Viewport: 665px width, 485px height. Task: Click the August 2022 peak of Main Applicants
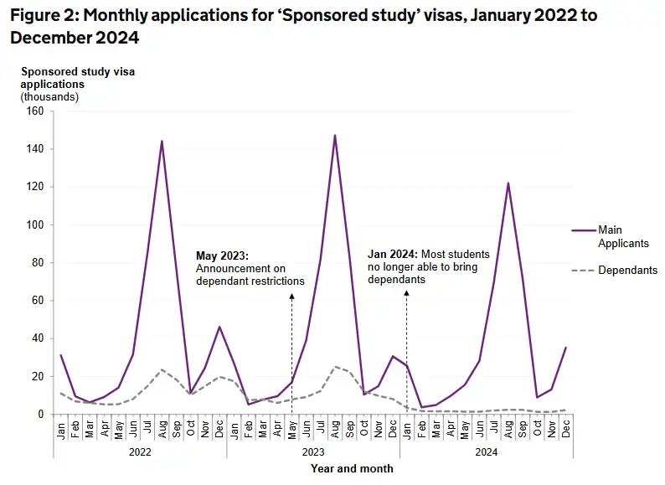162,141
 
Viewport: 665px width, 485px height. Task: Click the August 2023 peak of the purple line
335,135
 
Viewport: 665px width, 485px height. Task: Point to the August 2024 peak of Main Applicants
508,183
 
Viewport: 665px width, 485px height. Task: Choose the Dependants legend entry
627,270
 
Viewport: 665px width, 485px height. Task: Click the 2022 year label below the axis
140,450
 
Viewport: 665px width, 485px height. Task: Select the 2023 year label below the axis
313,450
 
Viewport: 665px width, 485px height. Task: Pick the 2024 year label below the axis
487,450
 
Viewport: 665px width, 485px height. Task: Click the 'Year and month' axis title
352,468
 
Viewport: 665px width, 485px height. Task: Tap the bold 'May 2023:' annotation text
223,255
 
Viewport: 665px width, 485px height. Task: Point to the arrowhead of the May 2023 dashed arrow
291,297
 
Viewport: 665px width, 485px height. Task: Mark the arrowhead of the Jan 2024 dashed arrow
407,292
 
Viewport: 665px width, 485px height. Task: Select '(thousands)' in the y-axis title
49,96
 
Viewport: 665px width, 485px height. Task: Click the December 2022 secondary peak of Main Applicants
219,327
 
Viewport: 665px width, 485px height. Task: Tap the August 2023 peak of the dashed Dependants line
335,366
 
